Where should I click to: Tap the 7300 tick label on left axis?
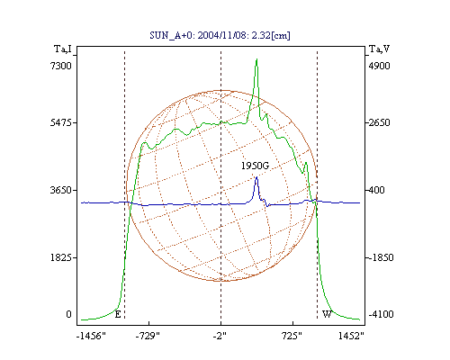pyautogui.click(x=61, y=66)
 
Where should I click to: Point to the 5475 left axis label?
pyautogui.click(x=61, y=122)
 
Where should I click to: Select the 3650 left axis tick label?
pyautogui.click(x=61, y=190)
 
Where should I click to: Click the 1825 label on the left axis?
pyautogui.click(x=61, y=257)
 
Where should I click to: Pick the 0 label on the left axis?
pyautogui.click(x=69, y=314)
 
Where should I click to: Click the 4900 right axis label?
pyautogui.click(x=380, y=66)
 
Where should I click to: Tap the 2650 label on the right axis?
pyautogui.click(x=380, y=122)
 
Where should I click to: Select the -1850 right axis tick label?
pyautogui.click(x=382, y=257)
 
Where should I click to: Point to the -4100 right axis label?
pyautogui.click(x=382, y=314)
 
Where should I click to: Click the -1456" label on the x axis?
pyautogui.click(x=91, y=336)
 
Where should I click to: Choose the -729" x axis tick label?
pyautogui.click(x=148, y=336)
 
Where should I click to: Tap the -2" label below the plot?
pyautogui.click(x=220, y=336)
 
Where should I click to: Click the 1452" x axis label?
pyautogui.click(x=351, y=336)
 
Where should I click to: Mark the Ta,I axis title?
pyautogui.click(x=63, y=49)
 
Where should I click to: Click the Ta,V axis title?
pyautogui.click(x=380, y=49)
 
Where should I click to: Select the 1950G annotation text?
pyautogui.click(x=255, y=166)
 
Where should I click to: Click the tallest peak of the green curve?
pyautogui.click(x=256, y=59)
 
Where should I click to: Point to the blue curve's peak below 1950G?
pyautogui.click(x=256, y=177)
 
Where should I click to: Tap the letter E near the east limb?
pyautogui.click(x=118, y=314)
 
